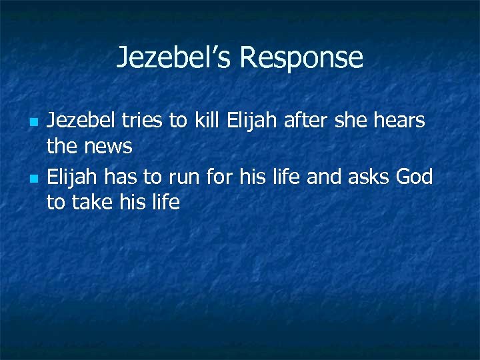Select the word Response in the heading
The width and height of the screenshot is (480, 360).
[301, 57]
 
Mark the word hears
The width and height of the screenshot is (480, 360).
[401, 121]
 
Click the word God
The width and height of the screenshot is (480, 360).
[415, 177]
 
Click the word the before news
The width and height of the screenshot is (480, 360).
[63, 147]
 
